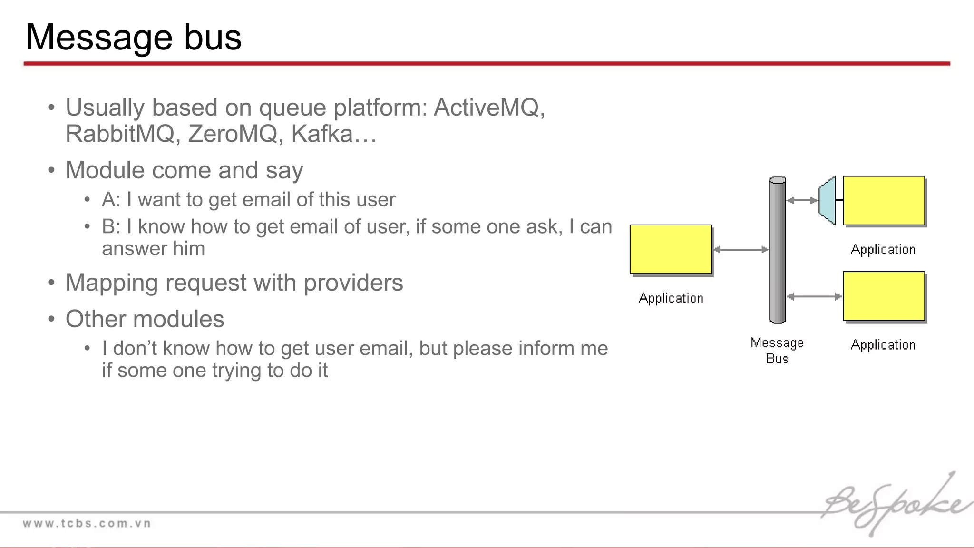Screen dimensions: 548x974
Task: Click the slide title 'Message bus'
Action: pos(134,37)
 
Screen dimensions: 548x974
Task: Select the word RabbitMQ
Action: pos(120,134)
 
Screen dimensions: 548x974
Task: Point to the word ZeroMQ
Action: pos(232,134)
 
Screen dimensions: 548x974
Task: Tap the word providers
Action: pos(353,283)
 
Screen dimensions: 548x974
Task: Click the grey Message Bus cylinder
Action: pos(777,250)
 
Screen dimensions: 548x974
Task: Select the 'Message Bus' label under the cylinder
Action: pos(777,350)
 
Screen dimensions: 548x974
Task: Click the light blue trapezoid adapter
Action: pos(828,200)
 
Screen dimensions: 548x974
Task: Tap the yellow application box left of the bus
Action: pos(671,249)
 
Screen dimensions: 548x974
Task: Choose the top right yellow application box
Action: pos(884,200)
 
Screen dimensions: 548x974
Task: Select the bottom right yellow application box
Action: pos(884,296)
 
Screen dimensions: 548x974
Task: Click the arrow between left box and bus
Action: pos(740,249)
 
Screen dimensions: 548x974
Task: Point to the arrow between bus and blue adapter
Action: pos(802,200)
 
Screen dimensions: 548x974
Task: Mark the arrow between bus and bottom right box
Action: pos(814,296)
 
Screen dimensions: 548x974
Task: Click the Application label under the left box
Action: pos(671,298)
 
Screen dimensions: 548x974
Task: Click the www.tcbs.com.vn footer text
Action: pos(87,524)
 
